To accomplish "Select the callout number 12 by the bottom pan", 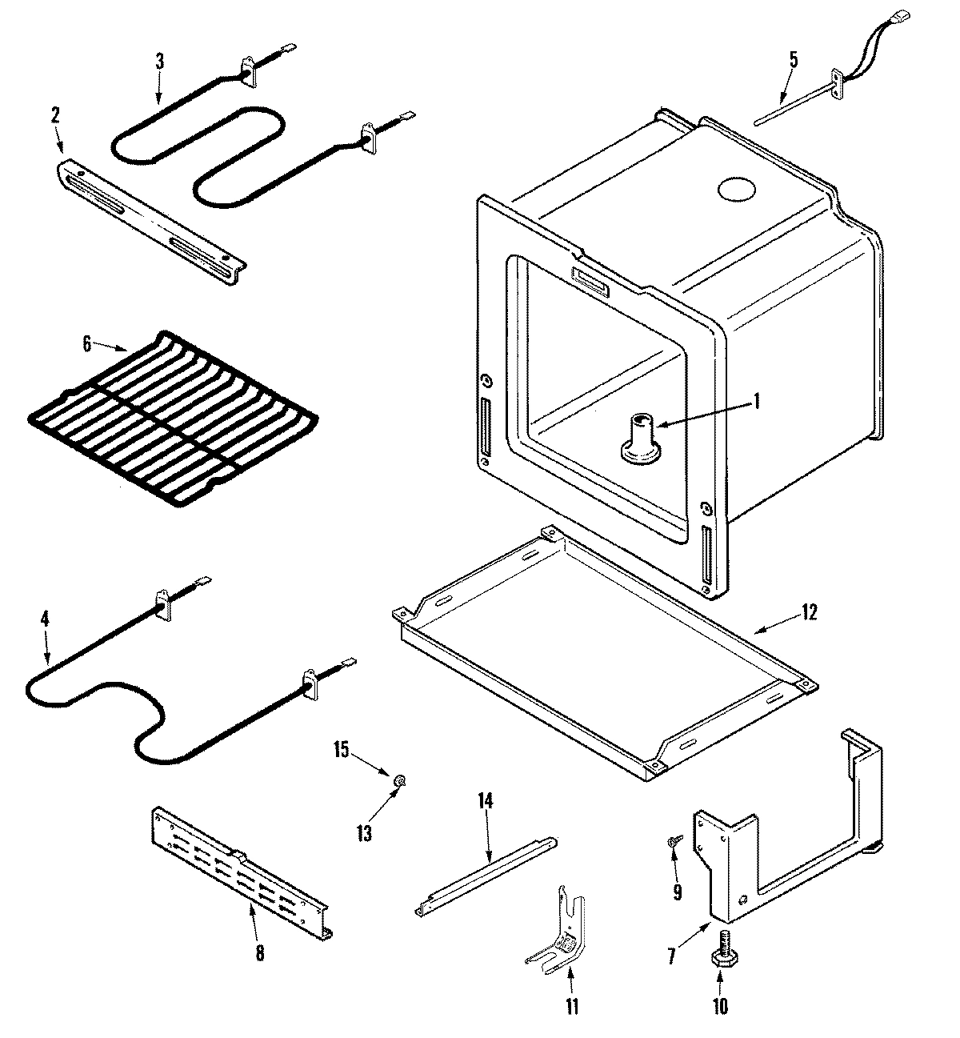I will [x=810, y=613].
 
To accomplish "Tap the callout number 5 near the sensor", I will [x=793, y=58].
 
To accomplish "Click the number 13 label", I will [x=364, y=834].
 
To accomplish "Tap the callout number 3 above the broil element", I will [x=159, y=60].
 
